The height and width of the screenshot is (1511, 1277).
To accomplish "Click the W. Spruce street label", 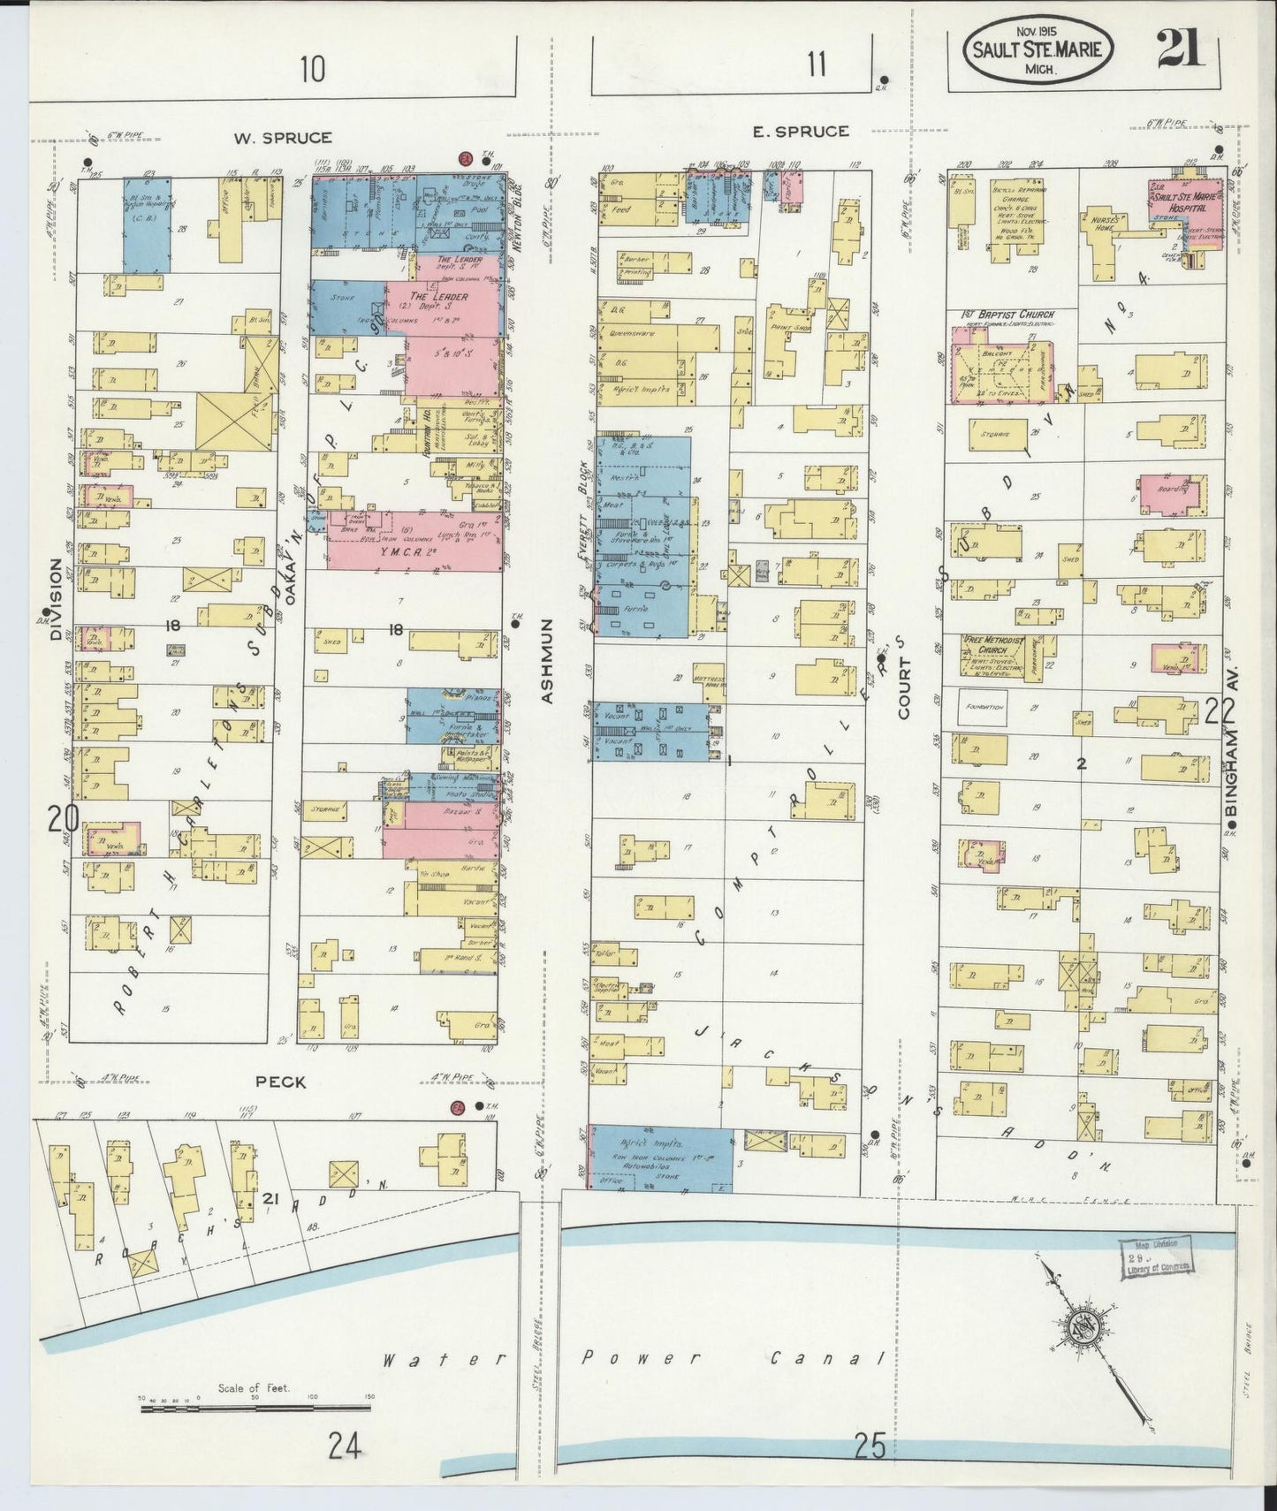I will tap(283, 138).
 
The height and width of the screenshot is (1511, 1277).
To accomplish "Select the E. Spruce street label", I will tap(801, 132).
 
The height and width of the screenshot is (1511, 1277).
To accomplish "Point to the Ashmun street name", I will tap(546, 661).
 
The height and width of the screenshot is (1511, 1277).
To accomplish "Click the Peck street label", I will tap(281, 1081).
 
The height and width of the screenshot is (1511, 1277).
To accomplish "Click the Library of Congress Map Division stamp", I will tap(1154, 1257).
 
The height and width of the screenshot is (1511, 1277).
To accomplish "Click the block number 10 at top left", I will tap(311, 67).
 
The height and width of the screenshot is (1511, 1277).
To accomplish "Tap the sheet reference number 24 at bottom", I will tap(345, 1447).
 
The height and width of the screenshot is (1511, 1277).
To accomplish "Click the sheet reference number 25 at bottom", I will tap(870, 1446).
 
